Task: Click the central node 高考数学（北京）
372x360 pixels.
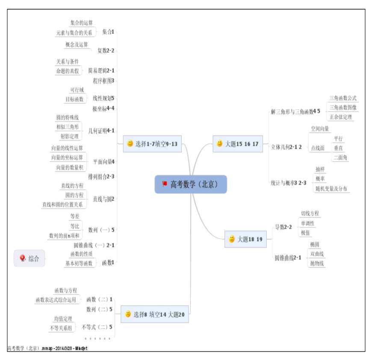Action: point(190,184)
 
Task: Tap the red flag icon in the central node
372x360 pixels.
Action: point(165,184)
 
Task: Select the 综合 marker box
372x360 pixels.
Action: point(30,258)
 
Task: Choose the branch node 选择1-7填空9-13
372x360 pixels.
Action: point(153,144)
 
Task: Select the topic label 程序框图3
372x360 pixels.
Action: point(103,80)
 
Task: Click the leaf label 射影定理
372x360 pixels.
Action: point(70,136)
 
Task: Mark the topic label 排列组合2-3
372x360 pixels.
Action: point(101,176)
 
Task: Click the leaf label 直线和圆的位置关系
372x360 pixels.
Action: point(62,204)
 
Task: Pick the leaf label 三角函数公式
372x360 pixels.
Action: point(342,98)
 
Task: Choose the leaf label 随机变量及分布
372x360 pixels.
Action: point(331,189)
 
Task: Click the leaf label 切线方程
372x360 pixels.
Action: point(310,213)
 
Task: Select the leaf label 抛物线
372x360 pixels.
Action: point(317,263)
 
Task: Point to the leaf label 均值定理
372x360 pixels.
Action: point(63,319)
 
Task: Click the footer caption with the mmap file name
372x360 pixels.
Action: point(47,348)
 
